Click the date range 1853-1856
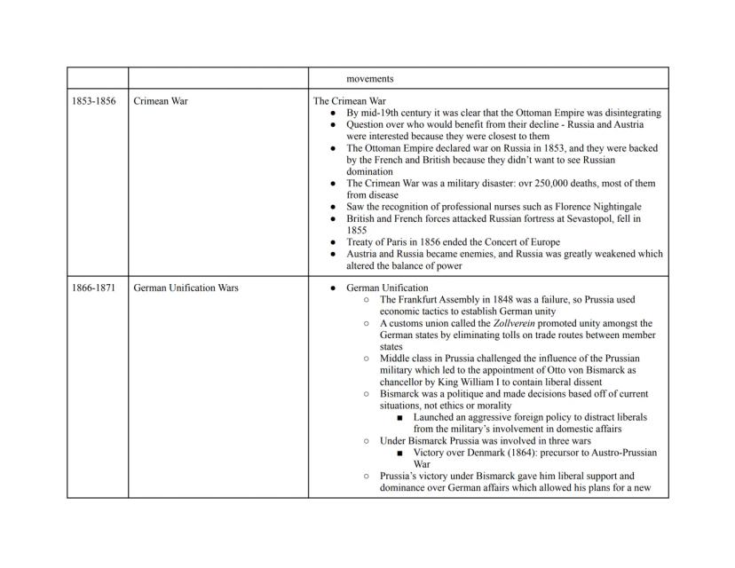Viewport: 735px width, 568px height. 93,101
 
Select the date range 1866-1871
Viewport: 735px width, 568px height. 93,288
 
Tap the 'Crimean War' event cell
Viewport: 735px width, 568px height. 161,101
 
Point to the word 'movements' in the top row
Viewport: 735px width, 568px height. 370,79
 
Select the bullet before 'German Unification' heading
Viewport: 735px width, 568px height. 332,288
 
